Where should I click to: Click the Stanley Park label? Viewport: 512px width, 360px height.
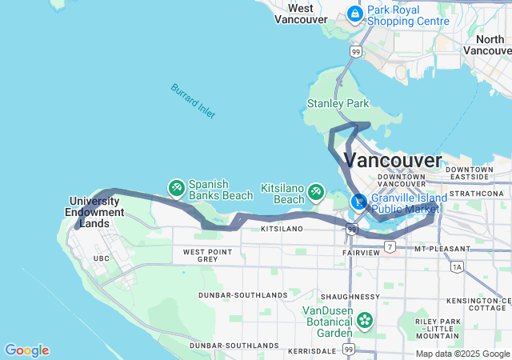pos(338,104)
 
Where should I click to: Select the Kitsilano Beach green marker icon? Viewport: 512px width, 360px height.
pos(316,192)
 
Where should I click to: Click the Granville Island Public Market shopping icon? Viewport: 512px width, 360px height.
pos(359,201)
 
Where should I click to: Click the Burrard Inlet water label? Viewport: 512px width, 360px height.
pos(193,101)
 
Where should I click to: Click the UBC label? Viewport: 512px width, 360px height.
pos(101,258)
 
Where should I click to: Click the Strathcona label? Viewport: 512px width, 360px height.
pos(475,194)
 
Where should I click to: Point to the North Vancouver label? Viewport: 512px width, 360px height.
pos(489,45)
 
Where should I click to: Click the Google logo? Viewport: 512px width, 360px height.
pos(26,350)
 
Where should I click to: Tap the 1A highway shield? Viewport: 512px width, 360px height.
pos(457,266)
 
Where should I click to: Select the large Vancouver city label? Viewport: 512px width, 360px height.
pos(392,159)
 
